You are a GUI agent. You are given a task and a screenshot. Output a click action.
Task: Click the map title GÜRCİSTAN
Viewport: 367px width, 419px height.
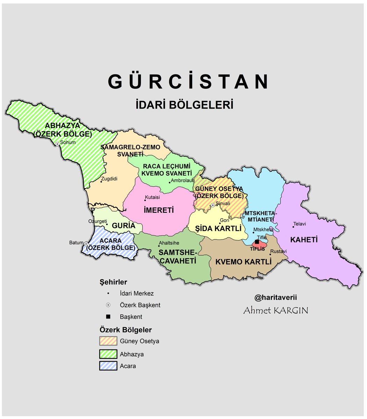pos(189,82)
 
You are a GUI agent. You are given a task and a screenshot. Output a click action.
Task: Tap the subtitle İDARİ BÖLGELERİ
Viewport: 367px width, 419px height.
pos(185,105)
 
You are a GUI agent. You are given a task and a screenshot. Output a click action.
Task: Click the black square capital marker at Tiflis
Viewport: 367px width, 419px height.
pos(257,242)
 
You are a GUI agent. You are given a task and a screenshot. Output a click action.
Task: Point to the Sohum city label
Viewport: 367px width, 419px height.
pos(68,142)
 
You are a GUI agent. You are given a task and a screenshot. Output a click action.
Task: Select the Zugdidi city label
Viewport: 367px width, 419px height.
pos(109,179)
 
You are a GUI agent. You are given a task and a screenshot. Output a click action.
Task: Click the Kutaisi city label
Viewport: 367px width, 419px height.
pos(152,197)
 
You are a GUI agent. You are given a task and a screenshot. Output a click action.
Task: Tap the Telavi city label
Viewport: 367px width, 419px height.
pos(300,224)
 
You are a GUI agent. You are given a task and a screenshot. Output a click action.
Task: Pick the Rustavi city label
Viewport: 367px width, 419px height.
pos(279,251)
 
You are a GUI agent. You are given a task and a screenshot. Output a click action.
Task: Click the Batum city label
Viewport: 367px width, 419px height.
pos(76,243)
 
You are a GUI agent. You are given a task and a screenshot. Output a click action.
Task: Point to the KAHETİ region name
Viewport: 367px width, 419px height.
pos(304,240)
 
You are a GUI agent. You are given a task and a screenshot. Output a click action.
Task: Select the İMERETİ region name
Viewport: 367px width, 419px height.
pos(159,211)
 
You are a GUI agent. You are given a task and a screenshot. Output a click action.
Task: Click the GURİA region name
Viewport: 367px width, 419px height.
pos(123,226)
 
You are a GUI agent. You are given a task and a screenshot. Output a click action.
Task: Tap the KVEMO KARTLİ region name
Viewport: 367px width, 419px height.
pos(244,262)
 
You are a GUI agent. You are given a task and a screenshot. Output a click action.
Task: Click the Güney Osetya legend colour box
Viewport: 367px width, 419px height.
pos(108,341)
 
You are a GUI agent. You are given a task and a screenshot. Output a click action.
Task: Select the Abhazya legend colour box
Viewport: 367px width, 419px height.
pos(108,354)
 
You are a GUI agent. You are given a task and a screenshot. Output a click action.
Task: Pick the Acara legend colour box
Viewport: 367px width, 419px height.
pos(108,366)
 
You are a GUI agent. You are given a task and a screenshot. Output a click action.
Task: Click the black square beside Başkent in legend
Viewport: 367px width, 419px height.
pos(108,317)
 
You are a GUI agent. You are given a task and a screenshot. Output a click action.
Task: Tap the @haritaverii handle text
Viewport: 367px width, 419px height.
pos(275,298)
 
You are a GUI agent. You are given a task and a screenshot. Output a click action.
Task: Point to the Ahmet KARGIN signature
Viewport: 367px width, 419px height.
pos(275,310)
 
